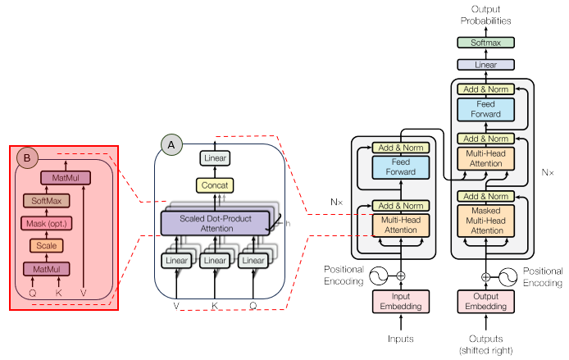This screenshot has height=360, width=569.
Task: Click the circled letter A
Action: (171, 144)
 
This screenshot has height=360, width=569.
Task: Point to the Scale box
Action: (46, 244)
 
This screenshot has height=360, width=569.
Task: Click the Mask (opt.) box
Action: (46, 222)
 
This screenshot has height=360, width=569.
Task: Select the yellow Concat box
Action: (215, 185)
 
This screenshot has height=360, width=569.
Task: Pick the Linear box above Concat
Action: (215, 158)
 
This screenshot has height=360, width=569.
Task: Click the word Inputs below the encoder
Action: (401, 337)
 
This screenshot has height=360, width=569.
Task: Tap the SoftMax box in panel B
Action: (46, 200)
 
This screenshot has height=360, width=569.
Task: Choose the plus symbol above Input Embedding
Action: (401, 276)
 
